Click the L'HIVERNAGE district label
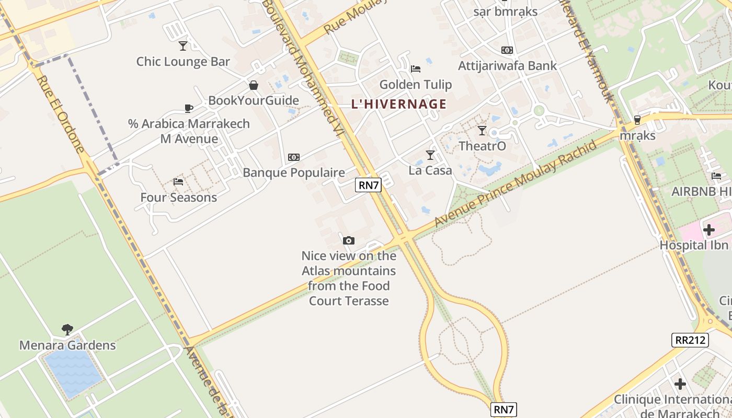399,104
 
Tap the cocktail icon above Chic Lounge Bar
183,46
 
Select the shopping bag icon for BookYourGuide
254,85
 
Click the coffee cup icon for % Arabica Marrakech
189,109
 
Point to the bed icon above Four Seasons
178,182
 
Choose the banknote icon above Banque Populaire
294,157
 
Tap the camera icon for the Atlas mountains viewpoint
349,241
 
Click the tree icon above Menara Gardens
67,329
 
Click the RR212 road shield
690,340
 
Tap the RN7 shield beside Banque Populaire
368,184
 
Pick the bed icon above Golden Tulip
416,68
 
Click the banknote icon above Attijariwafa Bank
507,50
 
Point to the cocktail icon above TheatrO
482,130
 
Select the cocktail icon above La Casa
430,155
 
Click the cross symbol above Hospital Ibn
709,229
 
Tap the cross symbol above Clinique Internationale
680,384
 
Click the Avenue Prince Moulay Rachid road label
516,183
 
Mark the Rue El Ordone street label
61,114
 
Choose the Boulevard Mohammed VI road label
304,68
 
